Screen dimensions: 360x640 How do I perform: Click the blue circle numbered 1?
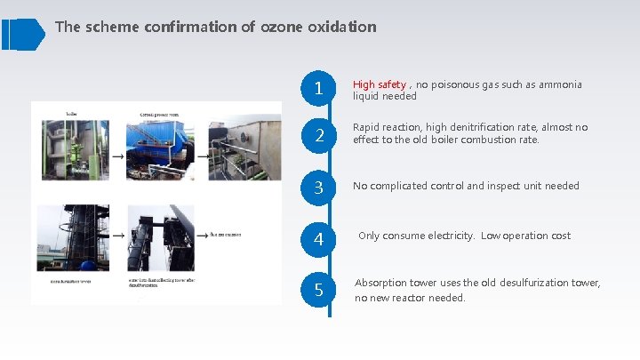[x=318, y=88]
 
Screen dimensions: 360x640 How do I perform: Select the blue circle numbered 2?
[x=318, y=136]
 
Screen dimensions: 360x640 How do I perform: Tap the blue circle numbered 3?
[x=318, y=188]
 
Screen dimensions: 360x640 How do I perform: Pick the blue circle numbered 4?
[x=318, y=238]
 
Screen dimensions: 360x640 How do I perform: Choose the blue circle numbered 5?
[x=318, y=289]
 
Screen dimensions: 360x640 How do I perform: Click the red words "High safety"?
[x=380, y=84]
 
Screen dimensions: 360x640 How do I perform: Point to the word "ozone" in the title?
[x=282, y=27]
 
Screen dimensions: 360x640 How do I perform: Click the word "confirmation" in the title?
[x=192, y=27]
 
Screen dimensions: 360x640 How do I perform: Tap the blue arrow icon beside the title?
[x=22, y=34]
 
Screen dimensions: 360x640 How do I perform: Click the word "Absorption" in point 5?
[x=383, y=283]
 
